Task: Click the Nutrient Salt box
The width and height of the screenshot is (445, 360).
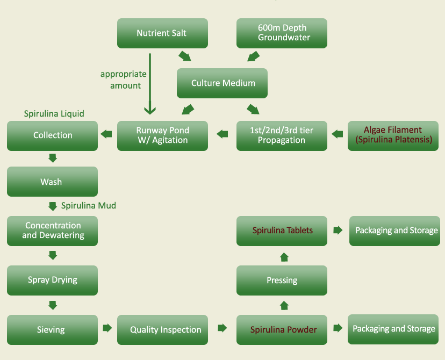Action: coord(162,33)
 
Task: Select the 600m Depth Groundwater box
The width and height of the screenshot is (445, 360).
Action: coord(282,33)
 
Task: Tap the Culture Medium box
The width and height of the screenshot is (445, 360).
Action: coord(223,83)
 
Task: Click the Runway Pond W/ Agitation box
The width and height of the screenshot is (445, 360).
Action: coord(162,135)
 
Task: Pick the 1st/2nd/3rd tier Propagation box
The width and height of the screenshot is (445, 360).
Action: coord(282,135)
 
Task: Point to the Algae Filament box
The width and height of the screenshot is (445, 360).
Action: coord(393,135)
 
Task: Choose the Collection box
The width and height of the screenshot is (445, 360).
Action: coord(52,135)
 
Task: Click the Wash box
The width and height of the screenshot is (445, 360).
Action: coord(52,182)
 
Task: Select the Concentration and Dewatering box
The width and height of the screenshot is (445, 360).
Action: coord(52,231)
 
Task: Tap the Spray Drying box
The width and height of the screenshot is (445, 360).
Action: coord(52,280)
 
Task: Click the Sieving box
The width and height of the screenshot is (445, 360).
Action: coord(52,329)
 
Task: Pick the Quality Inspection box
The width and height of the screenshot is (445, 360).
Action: coord(162,329)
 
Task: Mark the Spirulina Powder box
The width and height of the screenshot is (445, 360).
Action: coord(282,329)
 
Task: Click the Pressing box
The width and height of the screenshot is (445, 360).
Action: coord(282,280)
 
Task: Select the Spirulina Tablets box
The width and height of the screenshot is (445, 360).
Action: coord(282,231)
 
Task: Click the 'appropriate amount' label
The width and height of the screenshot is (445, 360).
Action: coord(124,80)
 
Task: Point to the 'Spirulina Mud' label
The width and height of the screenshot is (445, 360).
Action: coord(88,206)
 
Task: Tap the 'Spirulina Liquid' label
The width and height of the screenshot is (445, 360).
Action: coord(54,114)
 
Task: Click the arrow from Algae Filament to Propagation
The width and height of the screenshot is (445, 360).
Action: coord(338,134)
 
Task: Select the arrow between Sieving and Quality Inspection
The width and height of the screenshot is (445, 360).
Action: coord(107,328)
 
